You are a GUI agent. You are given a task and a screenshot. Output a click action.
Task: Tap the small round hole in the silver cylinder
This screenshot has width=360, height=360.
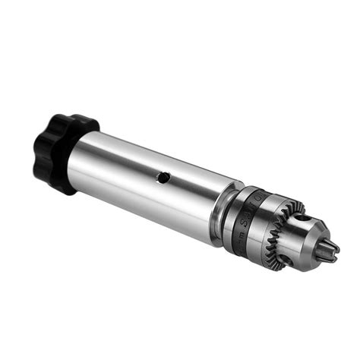[163, 177]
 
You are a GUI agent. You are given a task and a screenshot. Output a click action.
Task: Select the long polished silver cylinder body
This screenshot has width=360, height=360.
[152, 182]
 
